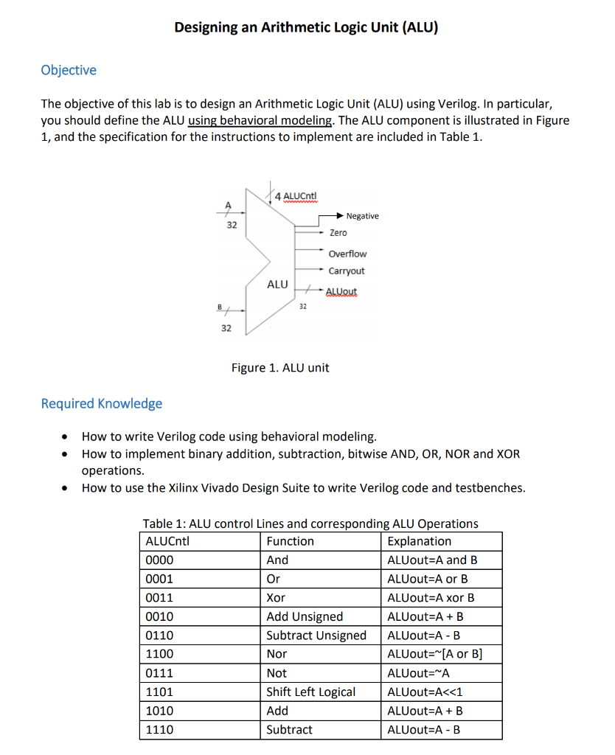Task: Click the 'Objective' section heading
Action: pos(69,70)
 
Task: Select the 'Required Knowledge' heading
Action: pos(102,403)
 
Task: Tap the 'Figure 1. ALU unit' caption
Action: pos(280,367)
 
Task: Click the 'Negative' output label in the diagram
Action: pos(362,216)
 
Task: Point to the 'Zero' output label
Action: pos(338,233)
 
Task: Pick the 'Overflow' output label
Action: pos(347,254)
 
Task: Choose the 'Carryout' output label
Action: pos(347,271)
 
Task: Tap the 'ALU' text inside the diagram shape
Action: pos(277,284)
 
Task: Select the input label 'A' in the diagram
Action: pos(228,204)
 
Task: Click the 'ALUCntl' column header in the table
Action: pos(168,541)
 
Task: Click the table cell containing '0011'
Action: pos(160,598)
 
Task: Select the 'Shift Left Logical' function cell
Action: pos(310,692)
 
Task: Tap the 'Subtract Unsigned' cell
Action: pos(316,636)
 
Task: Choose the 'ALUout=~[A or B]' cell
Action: pos(434,654)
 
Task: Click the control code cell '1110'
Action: pos(160,729)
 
